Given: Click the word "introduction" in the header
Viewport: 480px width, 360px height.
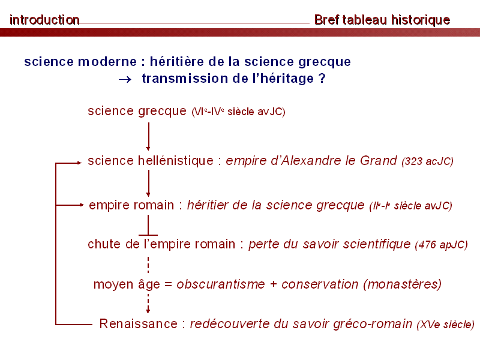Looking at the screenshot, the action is coord(44,20).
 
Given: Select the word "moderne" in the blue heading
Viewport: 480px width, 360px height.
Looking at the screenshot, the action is coord(107,62).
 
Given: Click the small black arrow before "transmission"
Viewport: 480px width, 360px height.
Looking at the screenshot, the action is coord(125,80).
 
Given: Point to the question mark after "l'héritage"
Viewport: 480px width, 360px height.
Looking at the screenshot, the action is coord(322,79).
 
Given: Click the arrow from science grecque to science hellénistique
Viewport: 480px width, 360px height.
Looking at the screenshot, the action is coord(148,137).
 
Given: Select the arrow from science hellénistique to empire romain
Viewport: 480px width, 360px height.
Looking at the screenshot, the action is coord(148,184).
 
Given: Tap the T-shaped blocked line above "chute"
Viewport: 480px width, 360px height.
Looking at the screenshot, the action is coord(148,226).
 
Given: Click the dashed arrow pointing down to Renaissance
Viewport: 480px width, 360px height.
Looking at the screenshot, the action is coord(148,303).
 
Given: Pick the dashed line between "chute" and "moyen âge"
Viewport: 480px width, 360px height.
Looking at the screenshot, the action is coord(148,265).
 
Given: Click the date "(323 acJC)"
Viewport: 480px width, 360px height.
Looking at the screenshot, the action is coord(427,161).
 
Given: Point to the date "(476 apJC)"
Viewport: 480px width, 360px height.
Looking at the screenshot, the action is coord(441,245).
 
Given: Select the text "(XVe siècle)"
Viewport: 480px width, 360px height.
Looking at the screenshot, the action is coord(445,325).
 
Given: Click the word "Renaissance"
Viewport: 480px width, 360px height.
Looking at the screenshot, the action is coord(139,323).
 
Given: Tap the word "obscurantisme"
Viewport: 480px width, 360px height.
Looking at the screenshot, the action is coord(221,284).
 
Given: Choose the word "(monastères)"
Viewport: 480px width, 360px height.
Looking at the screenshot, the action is coord(402,284).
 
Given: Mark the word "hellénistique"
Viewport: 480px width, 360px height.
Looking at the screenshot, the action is coord(176,161).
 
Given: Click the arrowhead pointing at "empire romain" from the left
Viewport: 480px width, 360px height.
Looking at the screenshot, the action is coord(81,205).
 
